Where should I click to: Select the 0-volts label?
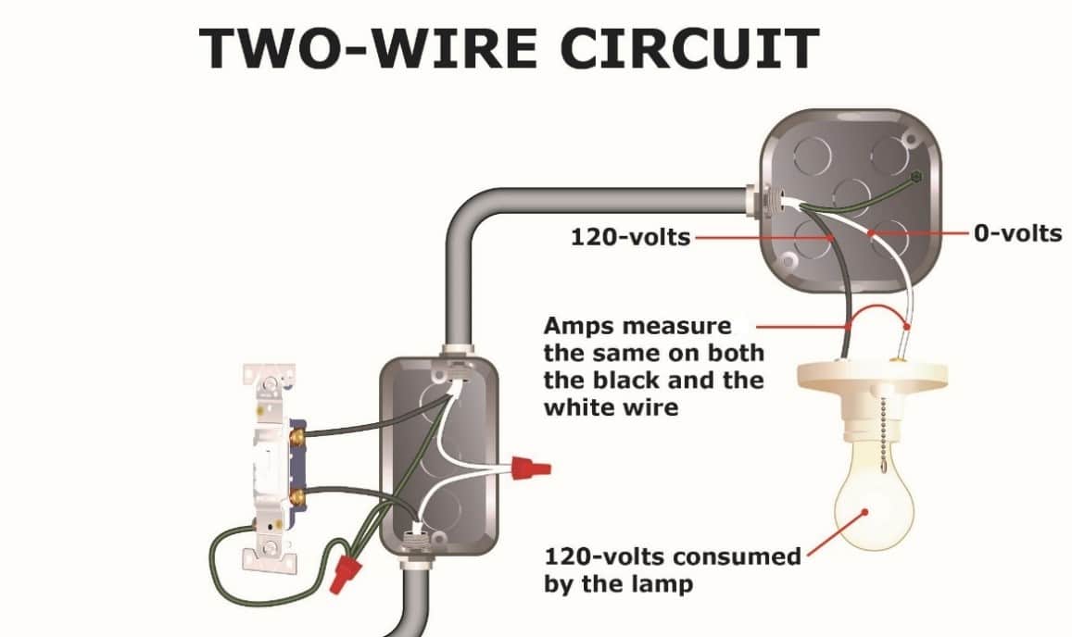coord(1017,232)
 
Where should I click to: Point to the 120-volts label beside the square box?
coord(630,237)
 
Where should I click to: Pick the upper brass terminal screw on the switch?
coord(299,432)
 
